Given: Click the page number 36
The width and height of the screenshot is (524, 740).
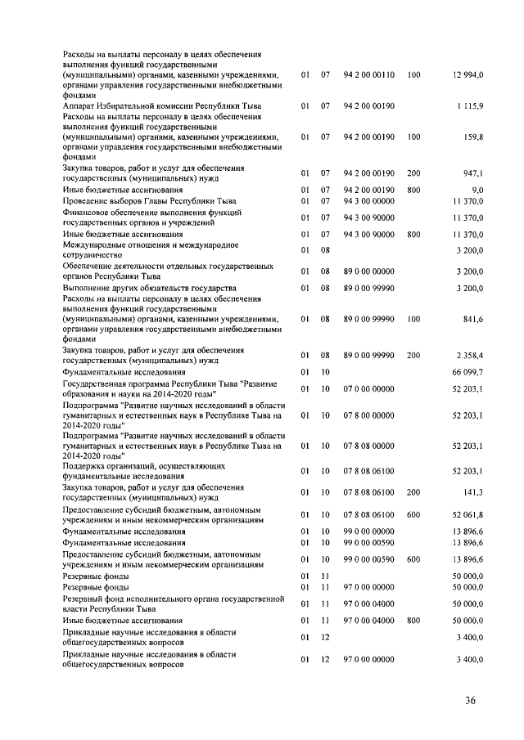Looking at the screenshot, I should (x=470, y=700).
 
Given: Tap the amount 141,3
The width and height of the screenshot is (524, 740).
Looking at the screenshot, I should (x=472, y=492).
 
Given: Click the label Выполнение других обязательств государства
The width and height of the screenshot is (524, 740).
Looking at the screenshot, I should (x=150, y=289).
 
